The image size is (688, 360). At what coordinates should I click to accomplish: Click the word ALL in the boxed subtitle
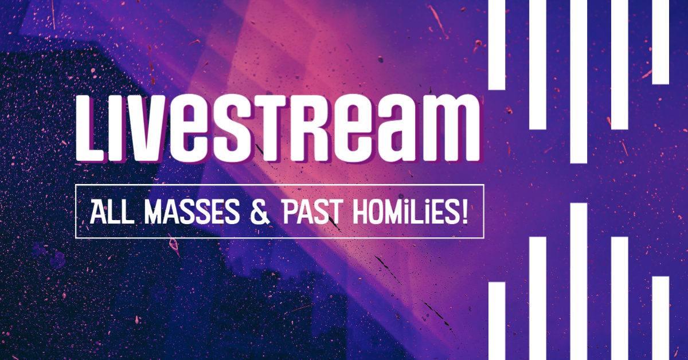pyautogui.click(x=112, y=212)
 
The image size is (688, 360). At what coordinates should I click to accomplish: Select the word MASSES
pyautogui.click(x=192, y=212)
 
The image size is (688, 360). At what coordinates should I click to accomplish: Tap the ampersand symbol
pyautogui.click(x=260, y=212)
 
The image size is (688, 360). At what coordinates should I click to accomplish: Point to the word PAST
pyautogui.click(x=311, y=212)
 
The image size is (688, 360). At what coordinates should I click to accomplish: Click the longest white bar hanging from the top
pyautogui.click(x=578, y=81)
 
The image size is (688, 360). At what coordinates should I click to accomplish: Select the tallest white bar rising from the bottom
pyautogui.click(x=578, y=281)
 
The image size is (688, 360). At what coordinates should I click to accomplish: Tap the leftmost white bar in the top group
pyautogui.click(x=497, y=45)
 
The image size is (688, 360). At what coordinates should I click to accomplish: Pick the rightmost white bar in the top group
pyautogui.click(x=660, y=42)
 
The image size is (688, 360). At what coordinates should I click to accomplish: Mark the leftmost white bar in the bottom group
pyautogui.click(x=497, y=321)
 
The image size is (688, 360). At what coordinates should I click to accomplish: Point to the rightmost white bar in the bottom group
pyautogui.click(x=660, y=318)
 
